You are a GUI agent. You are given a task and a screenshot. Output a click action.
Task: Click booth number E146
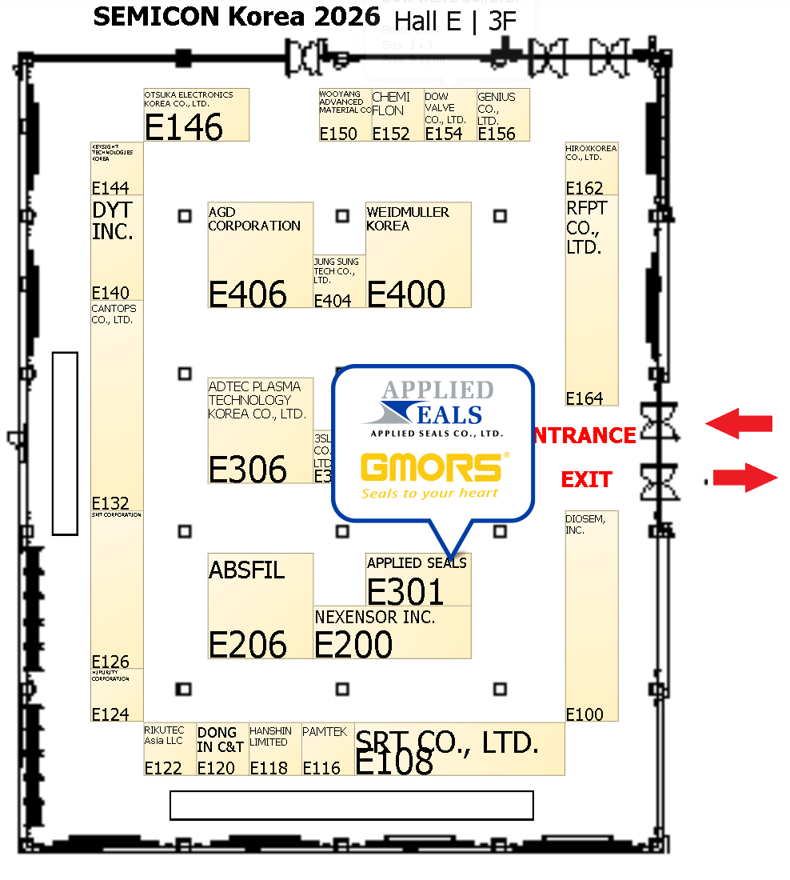[x=183, y=127]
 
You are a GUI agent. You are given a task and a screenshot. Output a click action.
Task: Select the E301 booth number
[x=405, y=592]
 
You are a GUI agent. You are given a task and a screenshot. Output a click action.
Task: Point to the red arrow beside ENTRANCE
[x=739, y=423]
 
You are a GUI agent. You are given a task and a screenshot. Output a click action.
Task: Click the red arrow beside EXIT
[x=744, y=478]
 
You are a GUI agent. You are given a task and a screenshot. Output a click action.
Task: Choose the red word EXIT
[x=586, y=480]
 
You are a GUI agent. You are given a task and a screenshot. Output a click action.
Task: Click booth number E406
[x=247, y=294]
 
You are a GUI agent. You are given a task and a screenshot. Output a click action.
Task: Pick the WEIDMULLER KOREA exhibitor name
[x=408, y=218]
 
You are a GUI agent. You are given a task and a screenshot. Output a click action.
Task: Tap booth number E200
[x=353, y=644]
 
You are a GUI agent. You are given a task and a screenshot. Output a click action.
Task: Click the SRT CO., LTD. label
[x=447, y=742]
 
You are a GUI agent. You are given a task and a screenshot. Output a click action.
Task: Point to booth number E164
[x=584, y=398]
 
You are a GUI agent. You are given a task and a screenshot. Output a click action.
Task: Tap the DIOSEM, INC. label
[x=585, y=524]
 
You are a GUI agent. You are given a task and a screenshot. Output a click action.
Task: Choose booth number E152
[x=390, y=134]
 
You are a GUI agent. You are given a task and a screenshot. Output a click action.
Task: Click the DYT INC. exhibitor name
[x=112, y=221]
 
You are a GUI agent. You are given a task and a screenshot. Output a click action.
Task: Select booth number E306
[x=247, y=470]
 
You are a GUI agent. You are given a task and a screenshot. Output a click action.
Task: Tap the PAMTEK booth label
[x=325, y=731]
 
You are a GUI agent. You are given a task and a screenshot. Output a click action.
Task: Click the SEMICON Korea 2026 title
[x=237, y=17]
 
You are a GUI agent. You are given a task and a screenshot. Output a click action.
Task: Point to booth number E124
[x=110, y=714]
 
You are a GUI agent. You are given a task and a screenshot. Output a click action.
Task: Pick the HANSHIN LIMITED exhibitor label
[x=269, y=736]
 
